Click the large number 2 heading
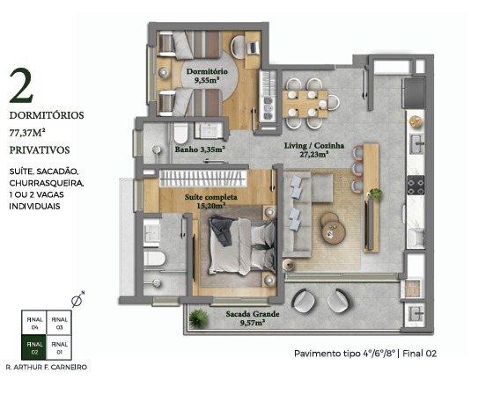[21, 85]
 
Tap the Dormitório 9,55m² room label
[207, 76]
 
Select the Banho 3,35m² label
[200, 150]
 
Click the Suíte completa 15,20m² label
[211, 201]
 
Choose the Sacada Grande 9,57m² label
[253, 318]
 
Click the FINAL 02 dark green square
[33, 347]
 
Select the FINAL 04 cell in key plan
[33, 323]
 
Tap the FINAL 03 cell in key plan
[59, 323]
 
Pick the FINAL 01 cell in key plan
[59, 347]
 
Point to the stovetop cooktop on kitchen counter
[416, 185]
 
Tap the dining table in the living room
[305, 104]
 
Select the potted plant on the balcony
[198, 318]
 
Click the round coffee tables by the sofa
[333, 228]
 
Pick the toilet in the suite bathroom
[155, 259]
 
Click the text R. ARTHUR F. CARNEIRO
[47, 367]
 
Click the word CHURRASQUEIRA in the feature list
[47, 183]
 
